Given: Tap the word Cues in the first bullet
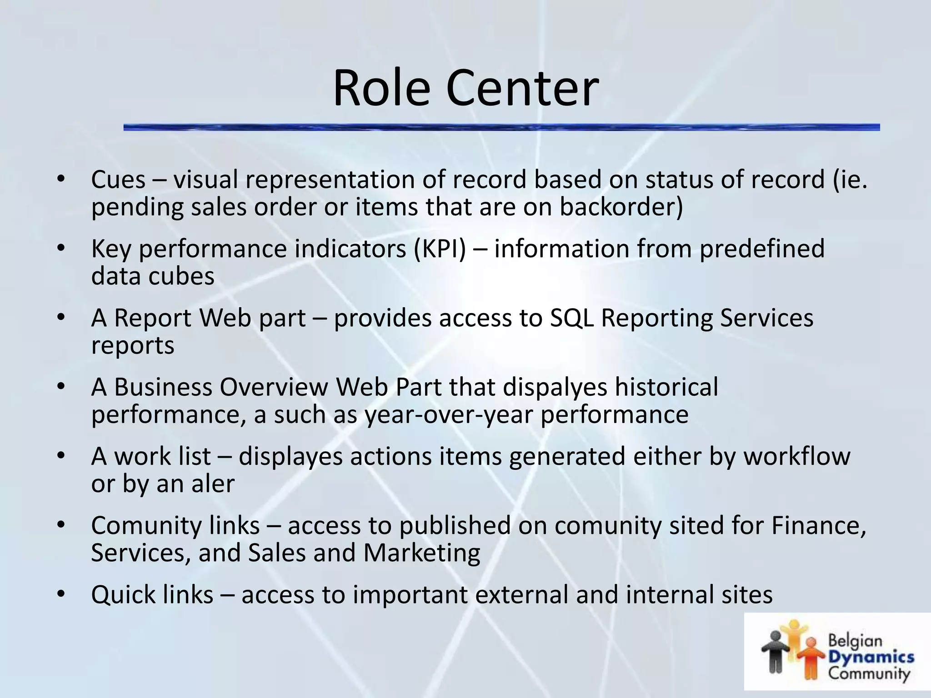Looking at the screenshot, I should [118, 179].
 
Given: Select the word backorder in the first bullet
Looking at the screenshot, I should [620, 207].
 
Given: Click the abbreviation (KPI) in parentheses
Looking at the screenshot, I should [439, 249].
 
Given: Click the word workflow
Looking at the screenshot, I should [796, 456].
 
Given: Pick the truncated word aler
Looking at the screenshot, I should [213, 484].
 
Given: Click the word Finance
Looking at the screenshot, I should [818, 526].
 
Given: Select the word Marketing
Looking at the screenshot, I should [421, 553].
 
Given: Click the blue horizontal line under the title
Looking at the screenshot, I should [500, 128].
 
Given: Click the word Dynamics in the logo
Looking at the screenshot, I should [871, 657].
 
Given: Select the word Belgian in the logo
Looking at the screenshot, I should [855, 641].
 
